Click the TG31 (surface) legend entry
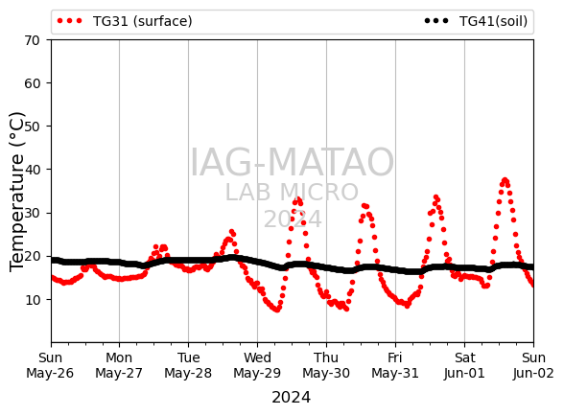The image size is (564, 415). [125, 21]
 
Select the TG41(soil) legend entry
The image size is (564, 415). [476, 21]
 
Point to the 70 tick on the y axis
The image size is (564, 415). [32, 40]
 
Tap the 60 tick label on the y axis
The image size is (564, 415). [32, 83]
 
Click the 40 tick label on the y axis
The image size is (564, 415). [32, 170]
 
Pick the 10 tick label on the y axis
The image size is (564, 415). [32, 300]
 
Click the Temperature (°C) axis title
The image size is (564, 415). [17, 192]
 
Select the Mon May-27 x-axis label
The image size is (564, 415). [119, 365]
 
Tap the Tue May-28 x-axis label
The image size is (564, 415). [188, 365]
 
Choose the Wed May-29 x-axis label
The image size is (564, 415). [257, 365]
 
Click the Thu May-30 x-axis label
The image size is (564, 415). [326, 365]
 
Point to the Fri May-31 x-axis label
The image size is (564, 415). [395, 365]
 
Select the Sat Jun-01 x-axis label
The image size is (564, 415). [464, 365]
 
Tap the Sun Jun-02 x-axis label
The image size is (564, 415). [533, 365]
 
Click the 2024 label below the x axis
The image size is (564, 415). [291, 398]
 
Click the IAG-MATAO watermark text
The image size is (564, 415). [292, 162]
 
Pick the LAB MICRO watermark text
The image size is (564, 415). [292, 192]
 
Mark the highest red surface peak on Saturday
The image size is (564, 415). [505, 180]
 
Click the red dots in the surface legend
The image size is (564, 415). [70, 21]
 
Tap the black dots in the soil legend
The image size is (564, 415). [436, 21]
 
